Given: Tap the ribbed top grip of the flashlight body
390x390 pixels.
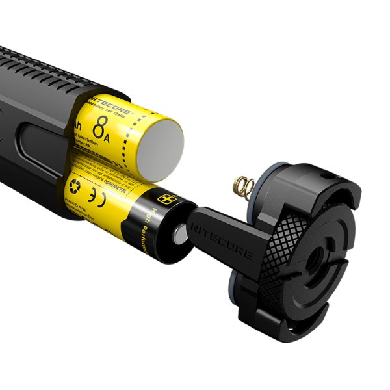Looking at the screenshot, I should coord(45,71).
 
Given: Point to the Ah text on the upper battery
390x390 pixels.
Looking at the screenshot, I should coord(79,123).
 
